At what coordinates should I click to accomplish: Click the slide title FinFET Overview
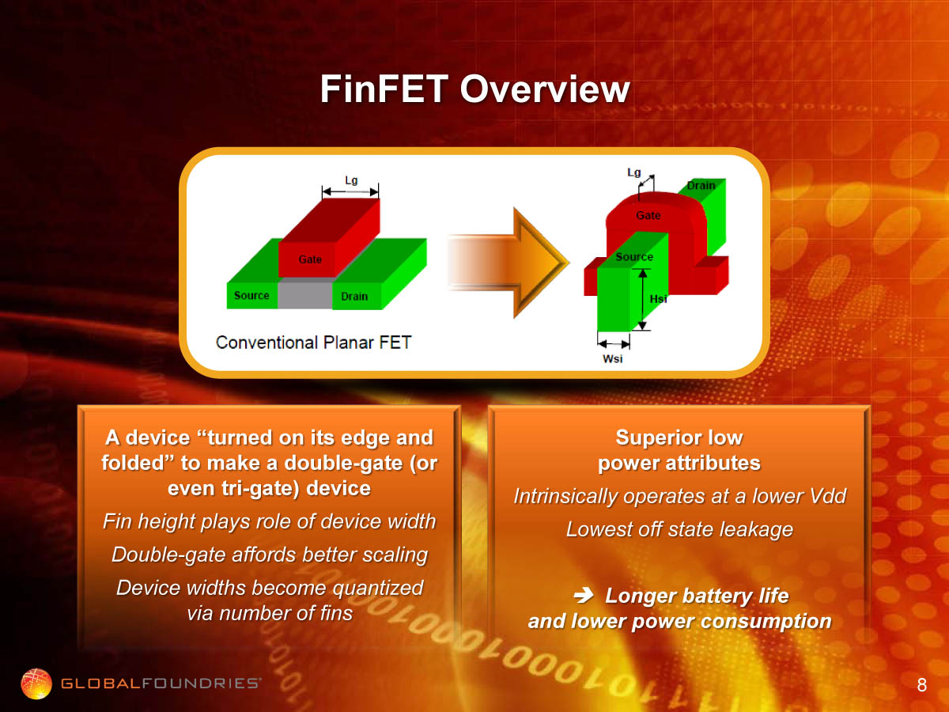click(475, 89)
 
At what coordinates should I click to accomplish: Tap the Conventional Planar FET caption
click(313, 343)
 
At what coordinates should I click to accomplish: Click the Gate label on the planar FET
click(310, 259)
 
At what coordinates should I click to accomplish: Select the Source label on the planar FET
click(251, 295)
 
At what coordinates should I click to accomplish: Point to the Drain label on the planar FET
click(354, 296)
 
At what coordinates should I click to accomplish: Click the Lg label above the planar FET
click(351, 180)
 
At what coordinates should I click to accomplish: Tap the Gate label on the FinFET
click(648, 215)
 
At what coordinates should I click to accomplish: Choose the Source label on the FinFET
click(634, 257)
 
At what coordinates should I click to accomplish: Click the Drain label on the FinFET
click(701, 185)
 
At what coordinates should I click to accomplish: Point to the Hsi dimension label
click(658, 299)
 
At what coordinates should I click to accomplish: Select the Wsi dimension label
click(613, 358)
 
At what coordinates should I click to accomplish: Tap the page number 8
click(922, 685)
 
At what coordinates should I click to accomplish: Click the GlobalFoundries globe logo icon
click(36, 684)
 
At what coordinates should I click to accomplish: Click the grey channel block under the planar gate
click(304, 295)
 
